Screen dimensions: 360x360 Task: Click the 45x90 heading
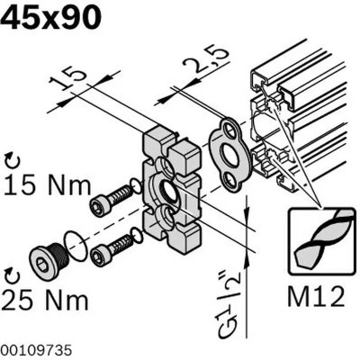(x=51, y=18)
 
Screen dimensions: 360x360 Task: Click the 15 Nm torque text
(x=47, y=186)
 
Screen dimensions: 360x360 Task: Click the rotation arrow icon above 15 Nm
(x=11, y=161)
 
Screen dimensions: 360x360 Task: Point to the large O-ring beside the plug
(x=77, y=248)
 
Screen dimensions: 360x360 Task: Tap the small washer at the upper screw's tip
(x=135, y=186)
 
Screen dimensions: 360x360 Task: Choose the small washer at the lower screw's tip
(x=137, y=237)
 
